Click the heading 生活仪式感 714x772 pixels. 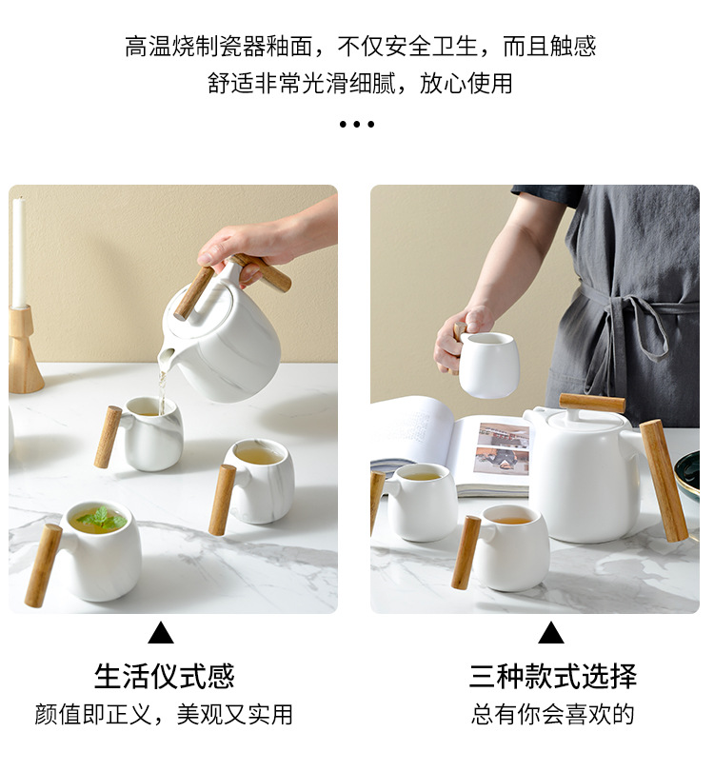(164, 677)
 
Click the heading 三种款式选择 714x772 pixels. (552, 677)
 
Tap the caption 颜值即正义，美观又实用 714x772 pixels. (164, 715)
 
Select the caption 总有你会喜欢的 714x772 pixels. (552, 715)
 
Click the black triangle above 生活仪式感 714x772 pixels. (161, 633)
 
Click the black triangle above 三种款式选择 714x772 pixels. (550, 633)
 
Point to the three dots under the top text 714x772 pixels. (356, 125)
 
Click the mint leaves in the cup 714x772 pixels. (99, 519)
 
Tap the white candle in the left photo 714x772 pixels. (17, 252)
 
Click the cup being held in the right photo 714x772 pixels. (488, 365)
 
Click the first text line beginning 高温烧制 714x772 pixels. (360, 47)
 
